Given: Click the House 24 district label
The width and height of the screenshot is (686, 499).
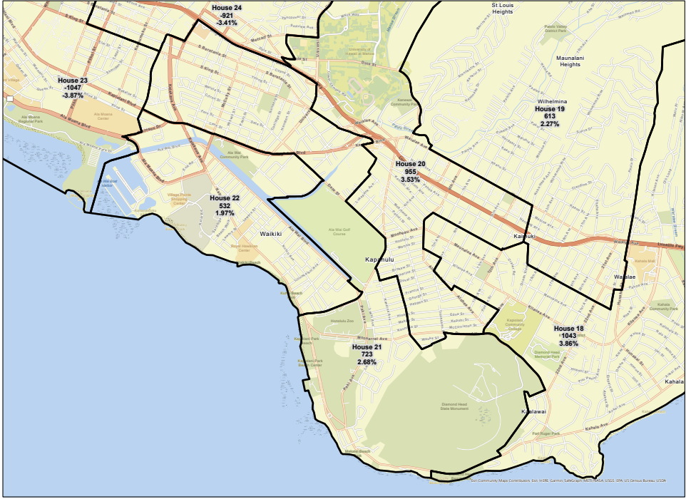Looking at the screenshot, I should point(227,8).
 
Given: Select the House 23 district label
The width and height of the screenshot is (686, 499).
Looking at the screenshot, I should point(73,81).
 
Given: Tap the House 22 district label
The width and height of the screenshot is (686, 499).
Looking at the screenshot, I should point(225,198).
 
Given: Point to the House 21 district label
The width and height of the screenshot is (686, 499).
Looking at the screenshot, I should point(367,347).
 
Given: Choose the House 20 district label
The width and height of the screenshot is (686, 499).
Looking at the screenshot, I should point(411,165).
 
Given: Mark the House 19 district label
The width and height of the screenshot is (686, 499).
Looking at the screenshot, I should point(550,109).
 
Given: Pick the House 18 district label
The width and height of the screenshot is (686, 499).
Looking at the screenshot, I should point(568,329).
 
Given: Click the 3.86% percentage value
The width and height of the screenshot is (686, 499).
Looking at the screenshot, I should point(568,344).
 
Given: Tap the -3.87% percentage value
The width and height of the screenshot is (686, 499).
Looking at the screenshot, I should point(73,96).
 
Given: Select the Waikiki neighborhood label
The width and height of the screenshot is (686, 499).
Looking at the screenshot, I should point(271,234).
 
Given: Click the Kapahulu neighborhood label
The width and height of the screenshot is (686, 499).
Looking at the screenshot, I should point(379,259).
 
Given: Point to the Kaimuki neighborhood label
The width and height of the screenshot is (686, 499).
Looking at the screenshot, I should point(524,236).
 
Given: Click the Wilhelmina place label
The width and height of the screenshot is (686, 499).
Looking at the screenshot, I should point(551,102).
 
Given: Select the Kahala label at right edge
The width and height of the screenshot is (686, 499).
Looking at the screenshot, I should point(675,381).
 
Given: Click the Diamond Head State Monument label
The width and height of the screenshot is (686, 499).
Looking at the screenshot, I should point(454,406).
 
